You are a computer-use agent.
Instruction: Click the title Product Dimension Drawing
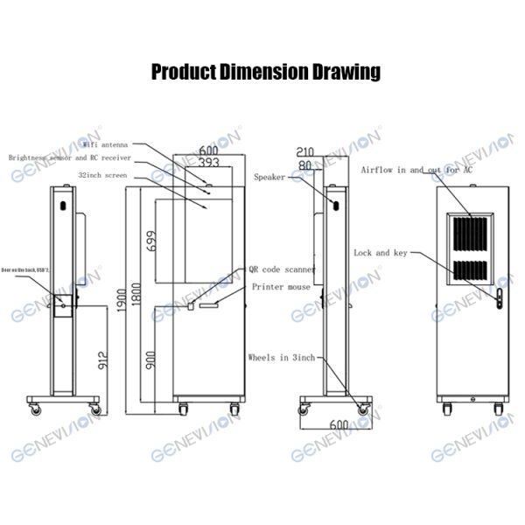tap(265, 72)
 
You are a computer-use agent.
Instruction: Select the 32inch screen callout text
tap(102, 175)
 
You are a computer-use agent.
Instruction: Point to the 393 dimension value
tap(207, 163)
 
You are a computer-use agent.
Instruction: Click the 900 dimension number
tap(150, 359)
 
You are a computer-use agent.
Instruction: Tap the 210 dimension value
tap(305, 150)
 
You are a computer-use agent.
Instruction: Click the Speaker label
tap(269, 176)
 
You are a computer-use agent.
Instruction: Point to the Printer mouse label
tap(281, 286)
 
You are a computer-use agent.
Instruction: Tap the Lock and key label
tap(381, 253)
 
